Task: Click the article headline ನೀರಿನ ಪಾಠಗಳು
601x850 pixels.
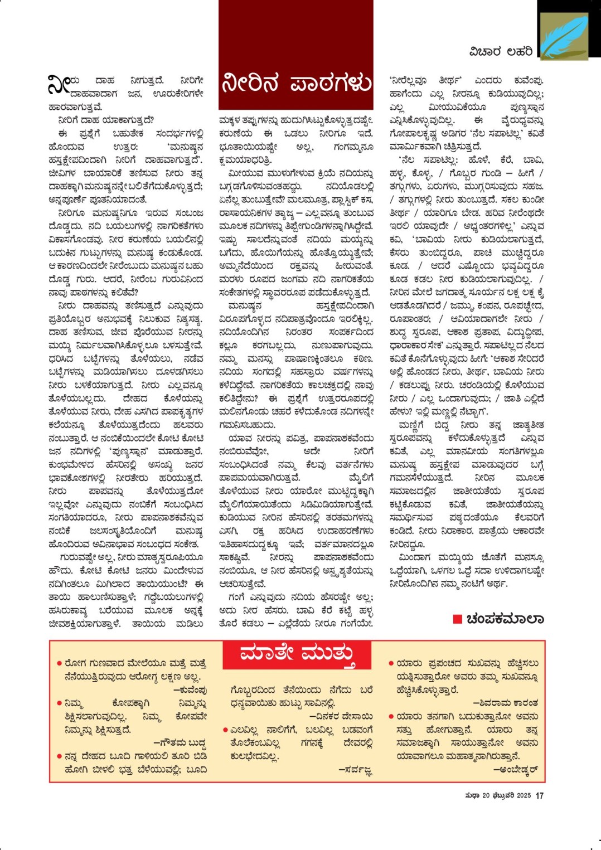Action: click(x=296, y=83)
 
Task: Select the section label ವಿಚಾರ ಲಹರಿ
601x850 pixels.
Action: click(x=501, y=52)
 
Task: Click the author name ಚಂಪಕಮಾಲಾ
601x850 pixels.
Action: click(x=505, y=619)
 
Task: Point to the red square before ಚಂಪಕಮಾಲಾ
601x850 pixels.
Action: click(x=458, y=619)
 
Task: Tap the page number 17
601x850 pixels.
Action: click(x=539, y=795)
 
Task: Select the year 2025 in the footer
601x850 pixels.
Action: click(x=524, y=795)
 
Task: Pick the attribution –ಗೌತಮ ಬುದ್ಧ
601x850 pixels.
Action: click(x=180, y=743)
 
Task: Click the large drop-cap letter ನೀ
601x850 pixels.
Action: click(x=60, y=86)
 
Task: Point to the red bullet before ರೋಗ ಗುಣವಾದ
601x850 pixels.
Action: click(x=59, y=664)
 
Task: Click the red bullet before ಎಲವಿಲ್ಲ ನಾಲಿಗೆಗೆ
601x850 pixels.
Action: click(x=225, y=730)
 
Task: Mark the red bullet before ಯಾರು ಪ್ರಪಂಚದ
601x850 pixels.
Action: click(x=391, y=664)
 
